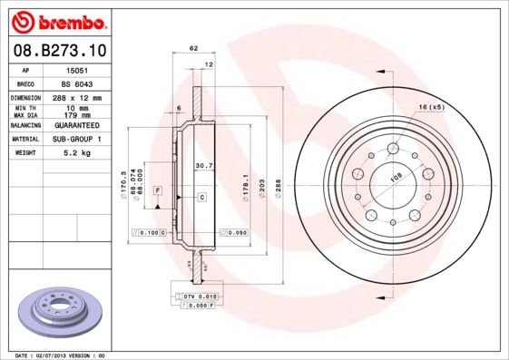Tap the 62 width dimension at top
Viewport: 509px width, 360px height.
coord(193,47)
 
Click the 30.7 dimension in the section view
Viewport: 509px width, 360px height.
coord(204,166)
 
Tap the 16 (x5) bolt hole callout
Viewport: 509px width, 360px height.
coord(432,108)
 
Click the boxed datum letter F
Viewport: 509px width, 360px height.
coord(158,190)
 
